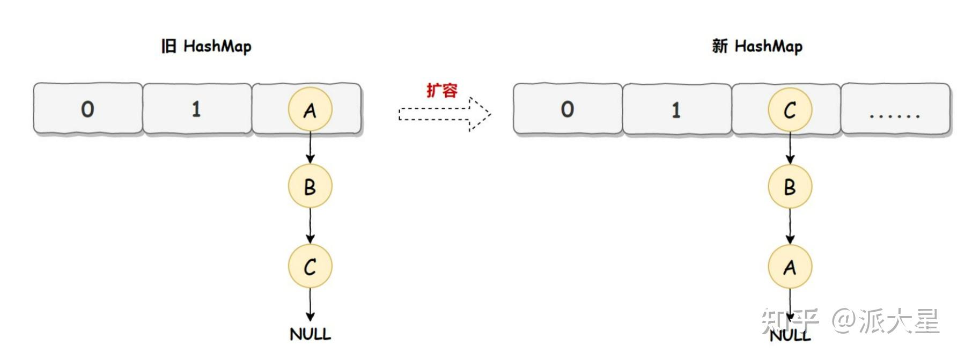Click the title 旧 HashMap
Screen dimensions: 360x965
coord(206,47)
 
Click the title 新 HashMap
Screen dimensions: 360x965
coord(757,47)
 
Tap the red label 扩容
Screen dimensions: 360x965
coord(442,90)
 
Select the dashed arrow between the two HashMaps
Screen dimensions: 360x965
coord(444,114)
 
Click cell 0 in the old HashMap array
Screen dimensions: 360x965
coord(88,109)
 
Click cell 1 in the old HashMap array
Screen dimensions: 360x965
coord(197,109)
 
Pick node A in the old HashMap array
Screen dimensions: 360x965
coord(310,109)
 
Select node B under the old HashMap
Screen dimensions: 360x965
coord(310,187)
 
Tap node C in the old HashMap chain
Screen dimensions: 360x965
coord(310,266)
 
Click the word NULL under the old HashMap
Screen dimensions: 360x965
coord(310,334)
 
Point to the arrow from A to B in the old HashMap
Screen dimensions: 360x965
coord(310,148)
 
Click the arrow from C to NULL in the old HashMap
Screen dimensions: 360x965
coord(310,305)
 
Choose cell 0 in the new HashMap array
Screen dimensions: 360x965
coord(568,109)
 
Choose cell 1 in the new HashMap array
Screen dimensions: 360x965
coord(676,109)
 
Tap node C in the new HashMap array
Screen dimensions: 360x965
coord(790,109)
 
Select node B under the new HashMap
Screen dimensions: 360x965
coord(790,187)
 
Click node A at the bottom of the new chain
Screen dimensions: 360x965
coord(790,266)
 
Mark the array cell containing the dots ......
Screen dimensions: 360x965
coord(895,109)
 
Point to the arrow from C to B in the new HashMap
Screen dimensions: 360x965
coord(790,148)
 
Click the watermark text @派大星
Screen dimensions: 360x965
coord(885,321)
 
